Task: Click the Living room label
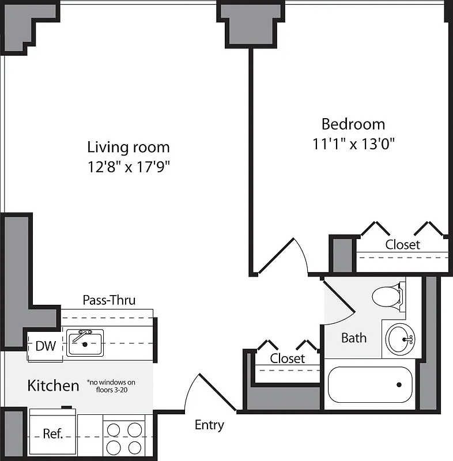[x=129, y=147]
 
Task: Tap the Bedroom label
[x=353, y=124]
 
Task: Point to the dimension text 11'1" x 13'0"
[x=353, y=143]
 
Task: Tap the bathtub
[x=371, y=384]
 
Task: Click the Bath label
[x=353, y=338]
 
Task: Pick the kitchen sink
[x=85, y=343]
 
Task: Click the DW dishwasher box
[x=46, y=346]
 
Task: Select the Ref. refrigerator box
[x=52, y=433]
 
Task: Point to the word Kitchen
[x=53, y=386]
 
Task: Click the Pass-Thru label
[x=109, y=300]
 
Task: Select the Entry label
[x=209, y=425]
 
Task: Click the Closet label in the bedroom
[x=402, y=245]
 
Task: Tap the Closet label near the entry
[x=287, y=358]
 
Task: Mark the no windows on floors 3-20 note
[x=111, y=386]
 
